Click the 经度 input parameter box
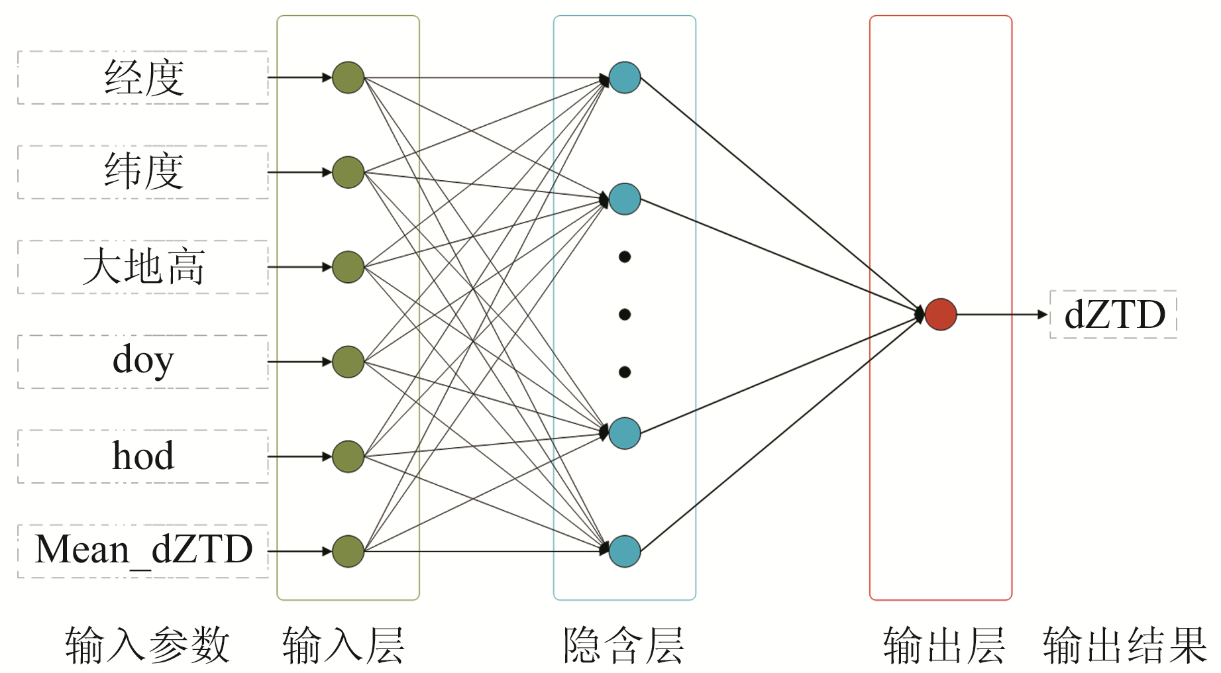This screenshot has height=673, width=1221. [x=143, y=78]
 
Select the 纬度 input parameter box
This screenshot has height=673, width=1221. [x=143, y=172]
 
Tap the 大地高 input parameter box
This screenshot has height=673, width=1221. [x=143, y=267]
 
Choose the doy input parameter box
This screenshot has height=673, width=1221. [x=143, y=362]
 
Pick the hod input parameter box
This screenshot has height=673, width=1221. [x=143, y=456]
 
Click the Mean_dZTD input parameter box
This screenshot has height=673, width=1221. [x=143, y=550]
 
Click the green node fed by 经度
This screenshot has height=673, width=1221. [x=348, y=78]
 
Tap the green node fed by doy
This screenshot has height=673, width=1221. [x=348, y=362]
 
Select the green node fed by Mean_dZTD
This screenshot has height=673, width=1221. [x=348, y=551]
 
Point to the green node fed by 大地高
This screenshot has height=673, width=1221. [x=348, y=267]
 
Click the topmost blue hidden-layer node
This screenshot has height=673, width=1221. [x=624, y=78]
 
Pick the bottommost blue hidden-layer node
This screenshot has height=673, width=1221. [x=624, y=551]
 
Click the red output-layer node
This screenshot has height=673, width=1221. [x=941, y=314]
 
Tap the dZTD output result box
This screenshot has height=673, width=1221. [x=1114, y=315]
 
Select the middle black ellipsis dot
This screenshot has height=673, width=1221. [x=624, y=314]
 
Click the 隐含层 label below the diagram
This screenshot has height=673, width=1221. [x=624, y=646]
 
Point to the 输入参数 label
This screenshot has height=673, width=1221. [x=147, y=646]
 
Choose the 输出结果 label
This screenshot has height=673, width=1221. [x=1125, y=646]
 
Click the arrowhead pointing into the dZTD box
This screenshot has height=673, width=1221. [x=1043, y=315]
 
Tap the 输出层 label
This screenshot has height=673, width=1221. [x=944, y=646]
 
